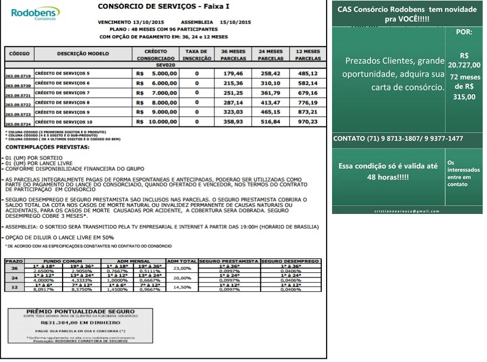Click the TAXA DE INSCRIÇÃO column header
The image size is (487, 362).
pyautogui.click(x=196, y=54)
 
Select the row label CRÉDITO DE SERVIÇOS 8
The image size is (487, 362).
pyautogui.click(x=63, y=102)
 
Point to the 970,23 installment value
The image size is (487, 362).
pyautogui.click(x=307, y=122)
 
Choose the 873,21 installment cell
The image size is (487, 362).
pyautogui.click(x=307, y=112)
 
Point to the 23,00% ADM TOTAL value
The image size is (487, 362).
pyautogui.click(x=182, y=268)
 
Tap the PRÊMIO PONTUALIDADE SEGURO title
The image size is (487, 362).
pyautogui.click(x=73, y=312)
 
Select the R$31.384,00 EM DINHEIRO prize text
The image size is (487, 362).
pyautogui.click(x=73, y=322)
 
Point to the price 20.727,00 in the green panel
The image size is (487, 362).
pyautogui.click(x=464, y=65)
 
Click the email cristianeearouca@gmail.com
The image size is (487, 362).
pyautogui.click(x=407, y=211)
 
